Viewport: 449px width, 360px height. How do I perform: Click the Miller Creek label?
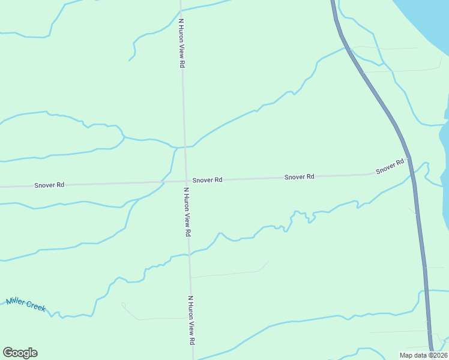26,304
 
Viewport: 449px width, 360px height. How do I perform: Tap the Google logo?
20,353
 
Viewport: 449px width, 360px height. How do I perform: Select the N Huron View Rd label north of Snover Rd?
181,43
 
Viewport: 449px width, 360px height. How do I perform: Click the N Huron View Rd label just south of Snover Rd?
187,211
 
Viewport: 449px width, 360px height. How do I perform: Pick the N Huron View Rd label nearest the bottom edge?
191,320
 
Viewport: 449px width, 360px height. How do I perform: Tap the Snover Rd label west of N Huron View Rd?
49,185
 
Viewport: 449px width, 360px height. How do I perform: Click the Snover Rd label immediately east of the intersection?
208,180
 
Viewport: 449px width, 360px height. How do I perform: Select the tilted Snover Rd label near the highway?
390,167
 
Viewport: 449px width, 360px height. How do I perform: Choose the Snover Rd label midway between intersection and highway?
300,177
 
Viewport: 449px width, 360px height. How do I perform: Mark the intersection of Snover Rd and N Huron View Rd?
185,181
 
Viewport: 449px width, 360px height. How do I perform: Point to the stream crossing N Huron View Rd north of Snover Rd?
183,146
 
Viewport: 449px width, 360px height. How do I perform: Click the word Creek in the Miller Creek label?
36,307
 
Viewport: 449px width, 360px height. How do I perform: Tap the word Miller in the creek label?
16,301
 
